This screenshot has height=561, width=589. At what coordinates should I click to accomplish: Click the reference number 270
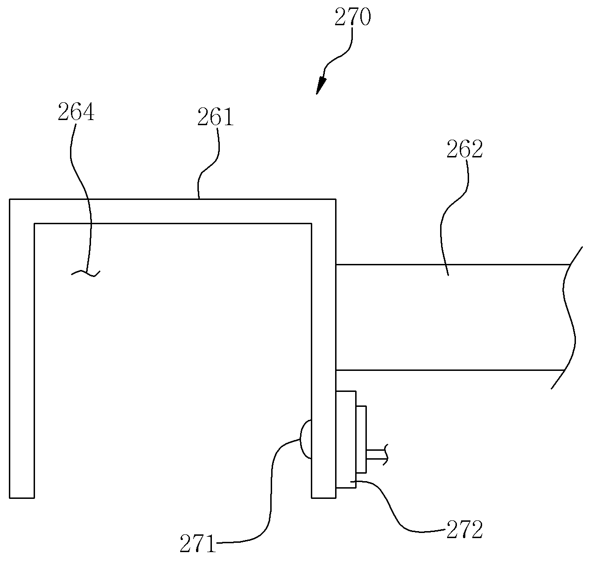(353, 17)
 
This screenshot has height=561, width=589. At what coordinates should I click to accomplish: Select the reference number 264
(76, 112)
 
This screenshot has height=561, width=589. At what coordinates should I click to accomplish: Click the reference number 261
(215, 117)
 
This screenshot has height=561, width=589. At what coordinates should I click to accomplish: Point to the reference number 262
(465, 149)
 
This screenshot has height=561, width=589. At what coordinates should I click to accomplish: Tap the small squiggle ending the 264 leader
(85, 273)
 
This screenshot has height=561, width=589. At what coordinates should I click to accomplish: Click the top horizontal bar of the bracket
(173, 211)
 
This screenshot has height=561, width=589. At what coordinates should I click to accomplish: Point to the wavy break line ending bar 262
(567, 318)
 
